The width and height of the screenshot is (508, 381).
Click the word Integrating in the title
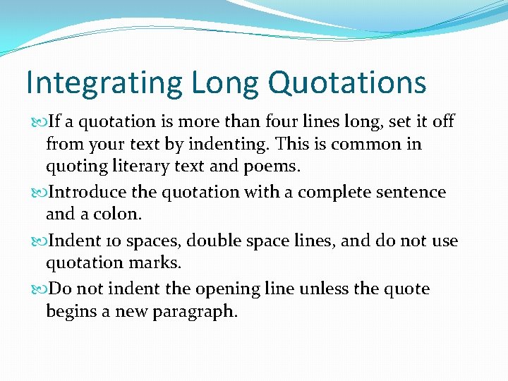click(x=104, y=83)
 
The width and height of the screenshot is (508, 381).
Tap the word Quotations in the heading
click(x=347, y=83)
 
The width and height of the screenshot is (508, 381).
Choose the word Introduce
click(x=88, y=192)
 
